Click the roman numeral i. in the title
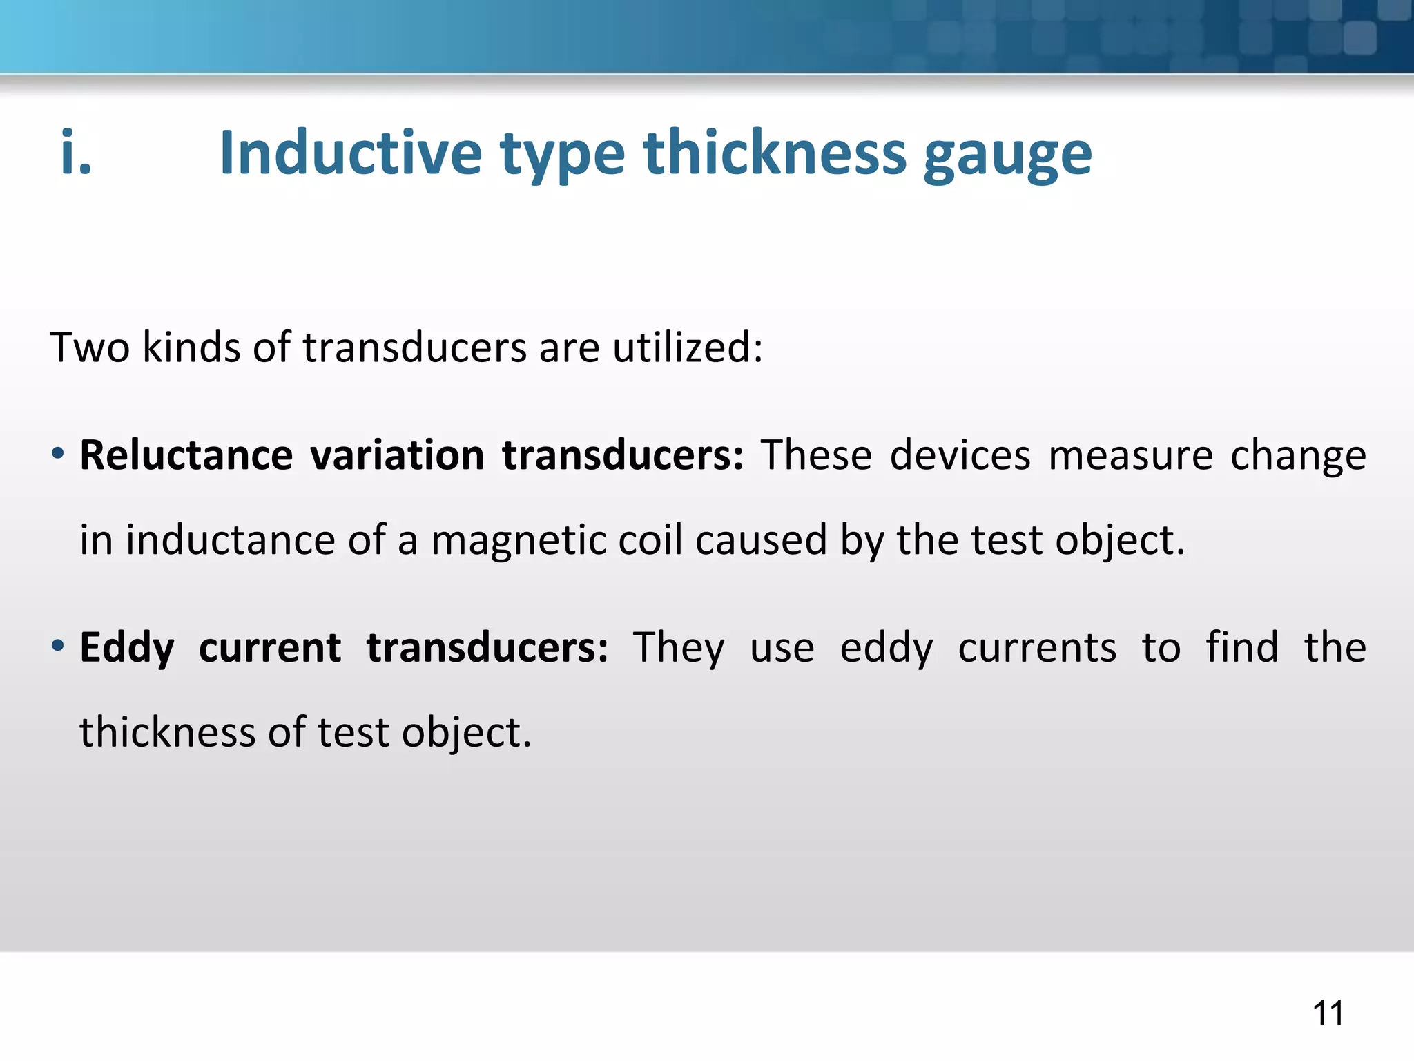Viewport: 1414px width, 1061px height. (76, 153)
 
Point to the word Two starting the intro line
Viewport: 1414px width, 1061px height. (90, 347)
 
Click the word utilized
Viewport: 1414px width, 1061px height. (688, 347)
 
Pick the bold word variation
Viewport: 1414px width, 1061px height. (397, 456)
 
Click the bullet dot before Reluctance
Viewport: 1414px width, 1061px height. (58, 454)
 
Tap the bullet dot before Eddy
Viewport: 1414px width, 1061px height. (58, 647)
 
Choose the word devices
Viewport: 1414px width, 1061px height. (960, 456)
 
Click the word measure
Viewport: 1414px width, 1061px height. (1130, 456)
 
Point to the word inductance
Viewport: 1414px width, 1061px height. (231, 539)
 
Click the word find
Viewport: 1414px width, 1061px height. (1242, 648)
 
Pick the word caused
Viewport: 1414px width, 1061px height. (761, 539)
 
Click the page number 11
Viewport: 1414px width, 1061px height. (1328, 1013)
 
